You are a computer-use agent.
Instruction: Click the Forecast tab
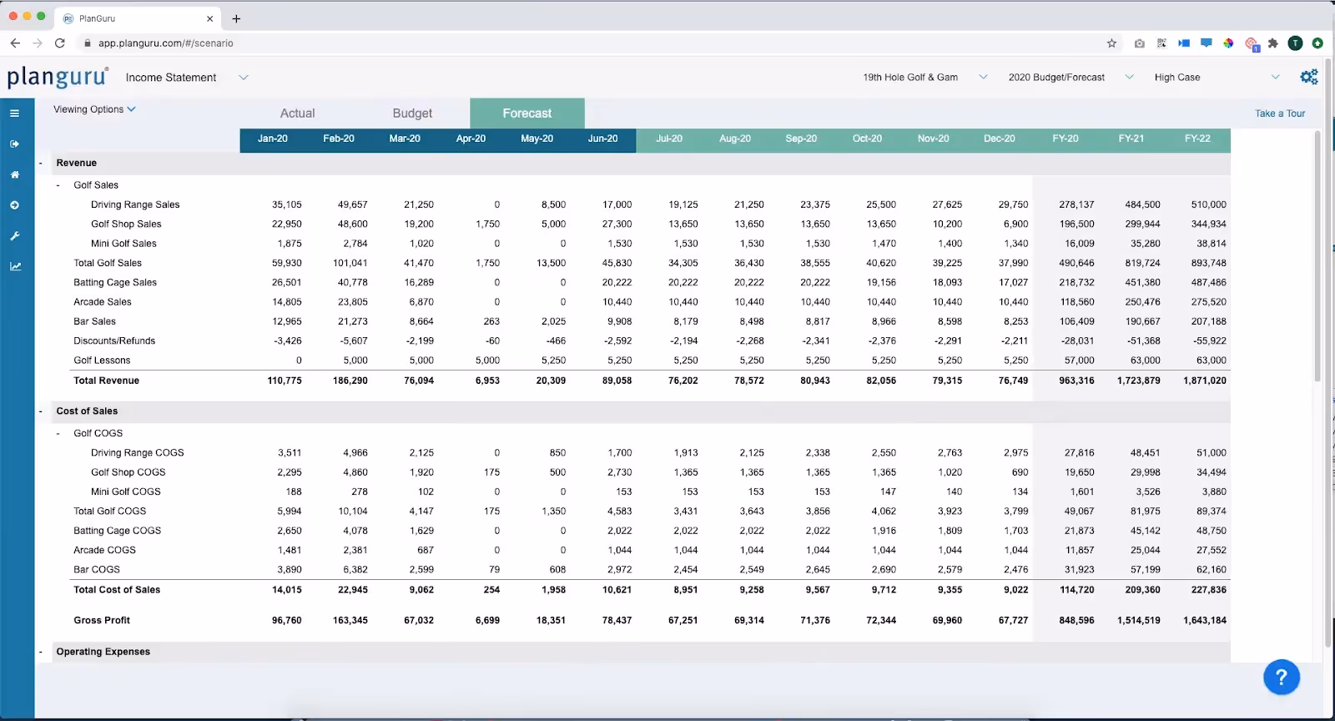point(527,113)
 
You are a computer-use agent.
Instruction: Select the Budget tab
point(412,113)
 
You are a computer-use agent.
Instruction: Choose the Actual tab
point(297,113)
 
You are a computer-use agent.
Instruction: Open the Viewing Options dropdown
point(94,109)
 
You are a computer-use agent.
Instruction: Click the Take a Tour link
point(1279,113)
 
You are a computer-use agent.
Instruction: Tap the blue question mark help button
point(1282,677)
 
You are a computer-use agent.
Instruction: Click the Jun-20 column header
point(602,139)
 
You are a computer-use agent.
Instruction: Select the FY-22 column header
point(1197,139)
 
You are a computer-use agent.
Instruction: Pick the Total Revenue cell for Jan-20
point(285,381)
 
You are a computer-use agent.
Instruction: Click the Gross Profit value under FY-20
point(1076,621)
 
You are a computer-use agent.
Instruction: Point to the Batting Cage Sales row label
point(115,283)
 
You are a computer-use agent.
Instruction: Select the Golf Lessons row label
point(102,360)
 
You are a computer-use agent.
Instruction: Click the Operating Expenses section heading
point(103,652)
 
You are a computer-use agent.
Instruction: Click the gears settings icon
point(1309,77)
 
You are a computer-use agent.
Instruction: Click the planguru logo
point(58,78)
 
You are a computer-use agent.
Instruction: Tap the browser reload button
point(60,43)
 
